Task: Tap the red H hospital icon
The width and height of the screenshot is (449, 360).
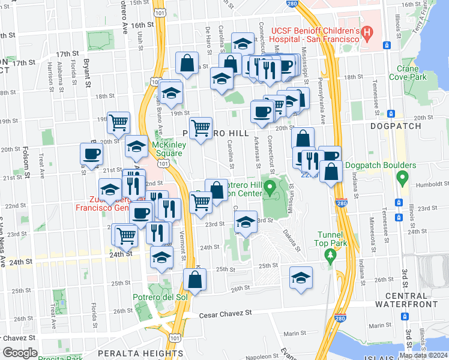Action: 367,30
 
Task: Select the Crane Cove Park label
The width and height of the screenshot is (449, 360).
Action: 411,73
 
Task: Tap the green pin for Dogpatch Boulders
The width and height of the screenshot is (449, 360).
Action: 403,178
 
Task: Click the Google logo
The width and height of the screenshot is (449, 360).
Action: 20,353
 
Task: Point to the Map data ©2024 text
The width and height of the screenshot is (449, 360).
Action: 423,355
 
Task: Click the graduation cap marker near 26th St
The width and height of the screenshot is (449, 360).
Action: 301,277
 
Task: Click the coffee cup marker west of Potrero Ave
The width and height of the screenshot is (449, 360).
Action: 91,154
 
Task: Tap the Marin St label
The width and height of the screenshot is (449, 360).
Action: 295,334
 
